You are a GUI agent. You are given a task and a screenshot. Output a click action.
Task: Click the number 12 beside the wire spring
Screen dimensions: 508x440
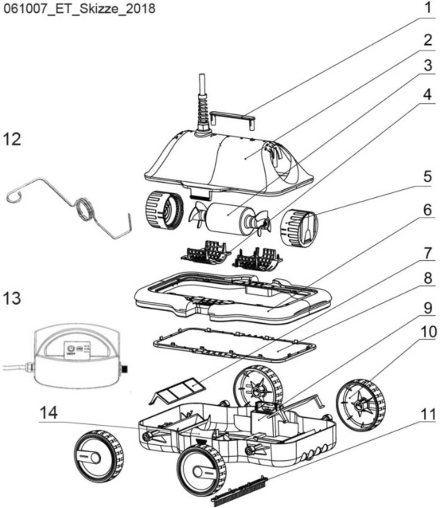(12, 139)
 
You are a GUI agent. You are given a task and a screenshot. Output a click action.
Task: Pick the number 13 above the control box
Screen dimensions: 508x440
(12, 297)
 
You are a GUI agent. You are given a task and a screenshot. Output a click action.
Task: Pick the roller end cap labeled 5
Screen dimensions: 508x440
(300, 227)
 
